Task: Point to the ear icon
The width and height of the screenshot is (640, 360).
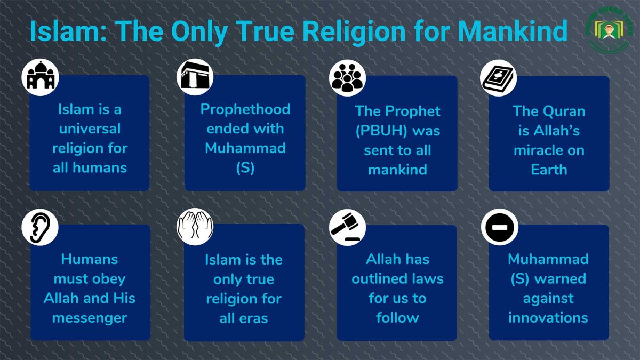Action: tap(40, 227)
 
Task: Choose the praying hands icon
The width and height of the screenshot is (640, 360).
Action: tap(195, 227)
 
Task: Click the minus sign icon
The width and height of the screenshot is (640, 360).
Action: tap(499, 227)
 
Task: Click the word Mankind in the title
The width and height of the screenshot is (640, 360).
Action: tap(512, 31)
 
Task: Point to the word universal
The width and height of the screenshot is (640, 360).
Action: tap(90, 129)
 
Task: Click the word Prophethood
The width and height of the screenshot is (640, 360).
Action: tap(245, 109)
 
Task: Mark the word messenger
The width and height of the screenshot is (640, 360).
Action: tap(90, 318)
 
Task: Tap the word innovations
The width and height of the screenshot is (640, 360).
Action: tap(548, 318)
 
